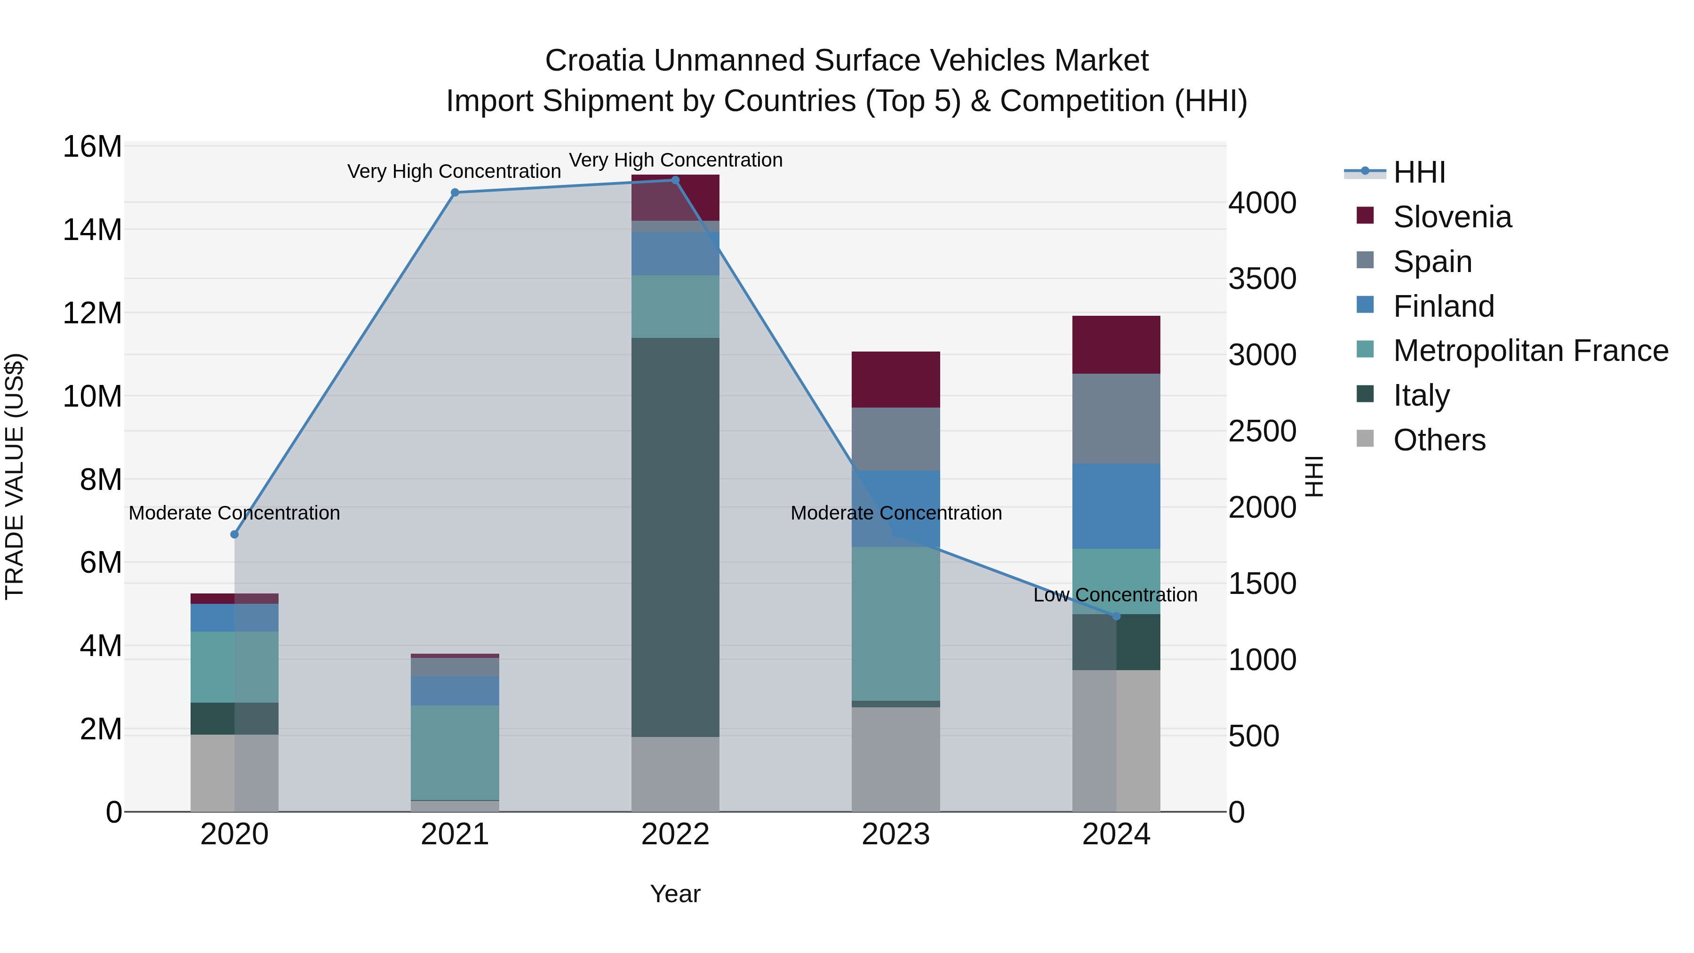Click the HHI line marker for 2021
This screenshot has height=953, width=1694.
455,192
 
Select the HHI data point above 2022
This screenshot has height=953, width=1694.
675,180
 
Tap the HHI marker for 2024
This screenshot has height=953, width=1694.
1116,616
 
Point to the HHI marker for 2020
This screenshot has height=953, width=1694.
234,535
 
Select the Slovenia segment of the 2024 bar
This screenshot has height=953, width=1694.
1116,344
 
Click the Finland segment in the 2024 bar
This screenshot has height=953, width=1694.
1116,506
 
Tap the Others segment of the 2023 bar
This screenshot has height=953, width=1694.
895,759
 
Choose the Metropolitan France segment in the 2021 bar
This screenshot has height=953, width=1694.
455,753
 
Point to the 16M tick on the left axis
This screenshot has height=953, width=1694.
92,147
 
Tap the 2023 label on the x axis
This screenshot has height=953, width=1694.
895,834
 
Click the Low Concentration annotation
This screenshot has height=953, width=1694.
1115,594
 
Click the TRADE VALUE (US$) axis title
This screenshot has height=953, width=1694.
15,476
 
